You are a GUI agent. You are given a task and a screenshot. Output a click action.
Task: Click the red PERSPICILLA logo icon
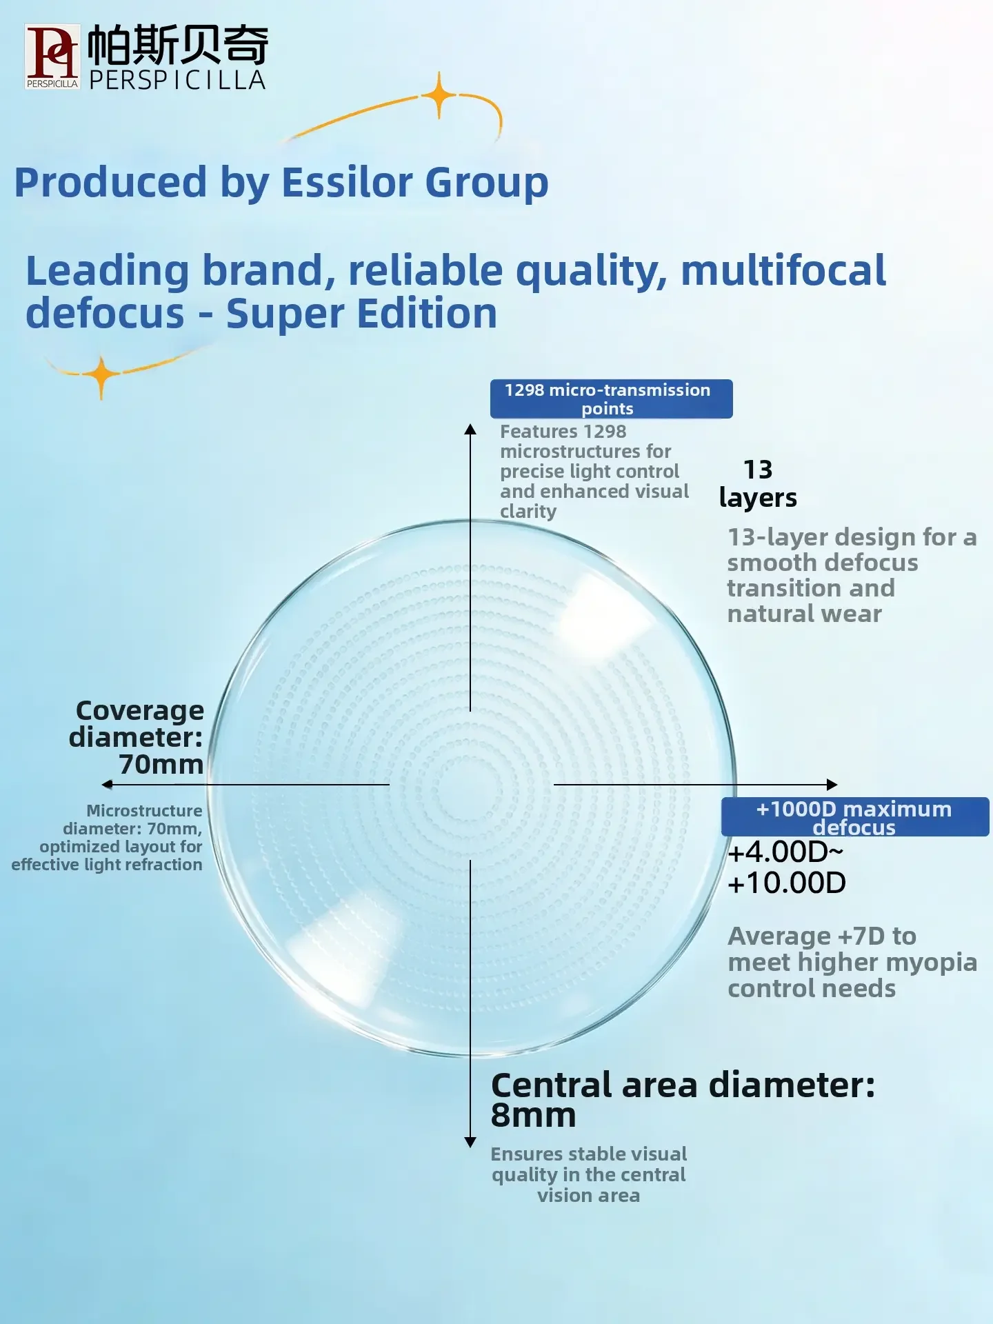click(x=52, y=57)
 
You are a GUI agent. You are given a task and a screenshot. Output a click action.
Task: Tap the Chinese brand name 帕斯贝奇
click(x=178, y=45)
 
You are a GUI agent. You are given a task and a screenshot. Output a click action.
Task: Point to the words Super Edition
click(x=361, y=314)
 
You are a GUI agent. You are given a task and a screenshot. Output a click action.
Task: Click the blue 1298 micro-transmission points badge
click(x=611, y=399)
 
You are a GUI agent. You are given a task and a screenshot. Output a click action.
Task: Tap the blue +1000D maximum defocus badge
click(x=855, y=817)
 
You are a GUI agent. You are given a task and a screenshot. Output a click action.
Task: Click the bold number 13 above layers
click(x=758, y=470)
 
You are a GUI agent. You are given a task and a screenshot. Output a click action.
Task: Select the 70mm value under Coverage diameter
click(x=161, y=764)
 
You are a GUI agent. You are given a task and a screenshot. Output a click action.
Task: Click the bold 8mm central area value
click(x=533, y=1115)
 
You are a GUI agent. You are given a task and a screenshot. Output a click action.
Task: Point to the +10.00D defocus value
click(x=787, y=883)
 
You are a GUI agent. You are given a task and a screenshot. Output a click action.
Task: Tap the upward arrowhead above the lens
click(x=470, y=429)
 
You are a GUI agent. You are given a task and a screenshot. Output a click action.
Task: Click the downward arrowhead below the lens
click(x=470, y=1143)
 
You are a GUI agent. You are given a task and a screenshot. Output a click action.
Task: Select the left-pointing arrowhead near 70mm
click(x=107, y=784)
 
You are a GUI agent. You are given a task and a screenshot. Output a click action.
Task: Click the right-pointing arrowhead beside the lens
click(x=832, y=784)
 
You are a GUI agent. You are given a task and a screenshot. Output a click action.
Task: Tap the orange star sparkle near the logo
click(x=439, y=95)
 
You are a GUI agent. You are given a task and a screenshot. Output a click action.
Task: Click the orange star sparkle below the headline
click(x=101, y=376)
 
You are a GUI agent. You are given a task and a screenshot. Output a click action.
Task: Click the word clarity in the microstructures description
click(x=528, y=512)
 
